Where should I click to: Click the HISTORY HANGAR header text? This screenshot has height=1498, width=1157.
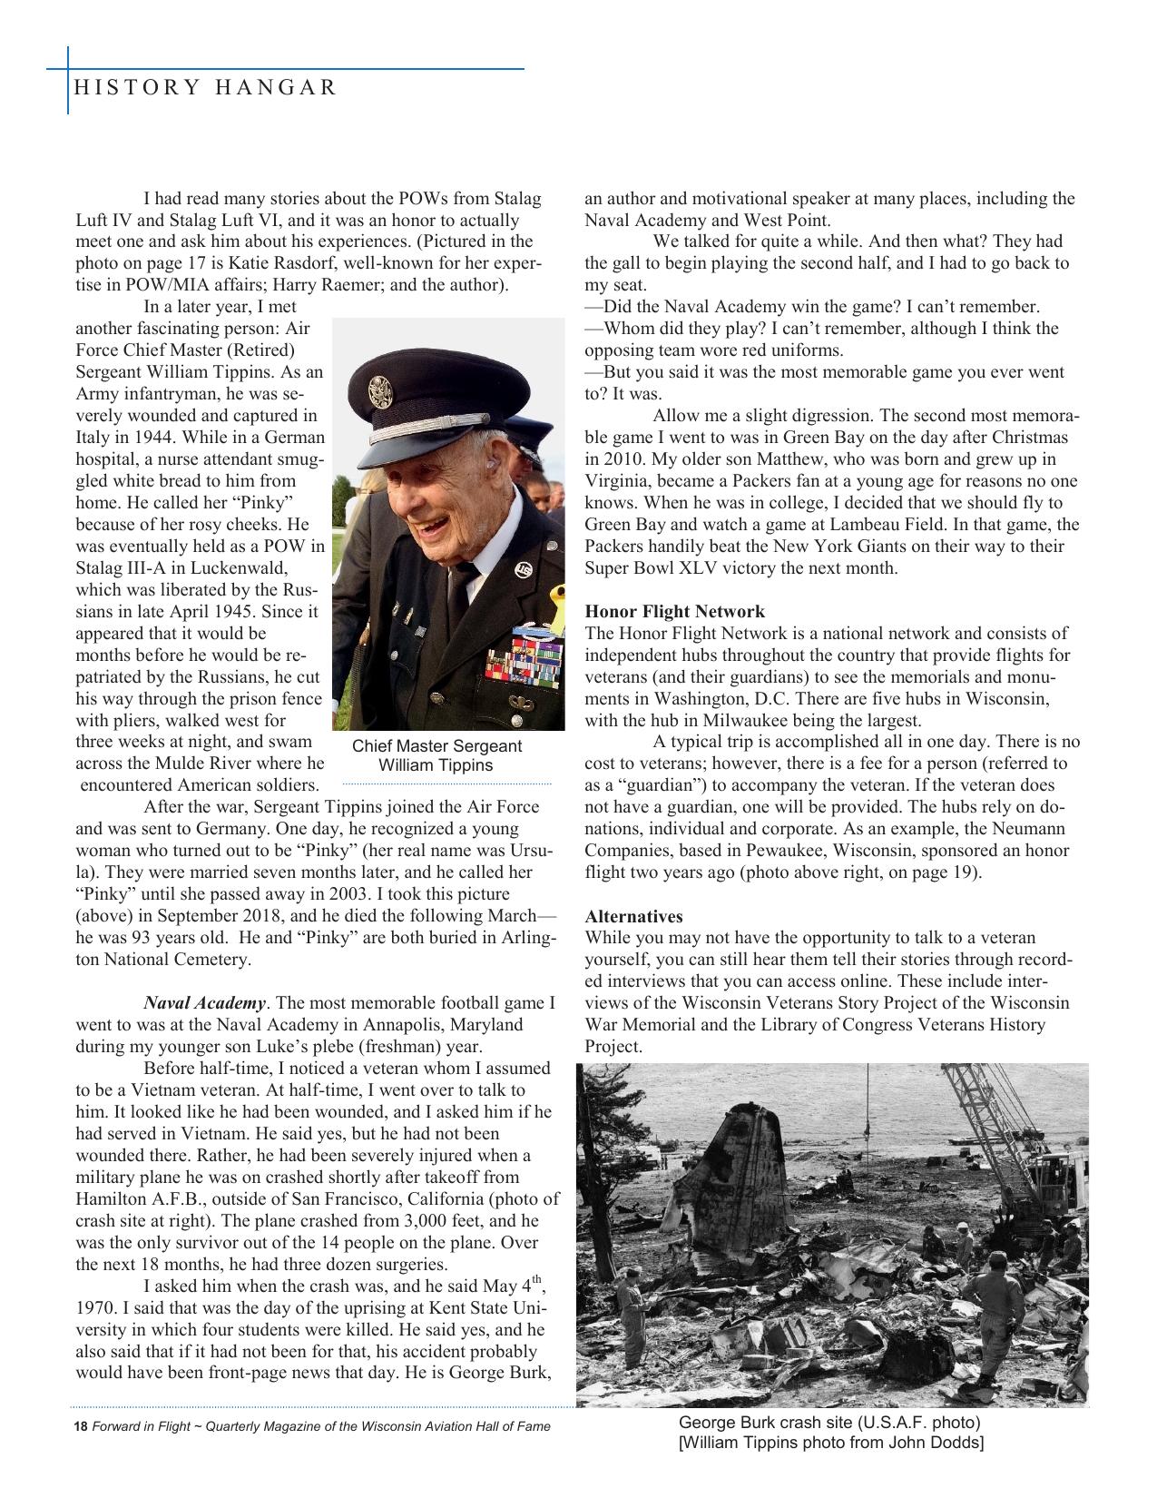point(205,87)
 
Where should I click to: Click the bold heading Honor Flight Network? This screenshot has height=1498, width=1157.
point(674,612)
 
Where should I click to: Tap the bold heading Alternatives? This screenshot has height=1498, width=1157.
point(633,916)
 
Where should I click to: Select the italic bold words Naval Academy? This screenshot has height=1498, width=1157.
point(205,1003)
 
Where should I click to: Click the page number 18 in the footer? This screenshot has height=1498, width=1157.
point(80,1426)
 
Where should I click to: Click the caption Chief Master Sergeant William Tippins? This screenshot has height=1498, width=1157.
point(436,755)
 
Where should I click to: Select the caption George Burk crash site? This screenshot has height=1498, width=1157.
point(829,1423)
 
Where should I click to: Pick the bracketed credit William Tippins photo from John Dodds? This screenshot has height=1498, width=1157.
point(830,1443)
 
